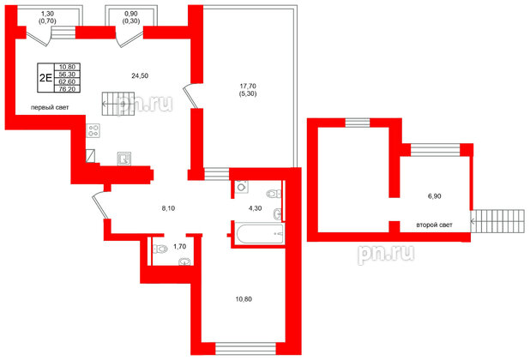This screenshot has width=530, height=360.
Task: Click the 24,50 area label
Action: [141, 76]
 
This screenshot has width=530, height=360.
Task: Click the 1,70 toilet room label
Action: [179, 247]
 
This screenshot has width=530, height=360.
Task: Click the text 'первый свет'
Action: [50, 107]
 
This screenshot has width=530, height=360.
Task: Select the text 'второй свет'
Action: [434, 225]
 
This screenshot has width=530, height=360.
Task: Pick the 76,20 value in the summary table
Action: [66, 88]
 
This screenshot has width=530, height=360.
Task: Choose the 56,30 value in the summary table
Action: [66, 74]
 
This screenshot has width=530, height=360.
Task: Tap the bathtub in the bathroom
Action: [257, 232]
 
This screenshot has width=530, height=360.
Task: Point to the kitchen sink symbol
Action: [124, 158]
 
